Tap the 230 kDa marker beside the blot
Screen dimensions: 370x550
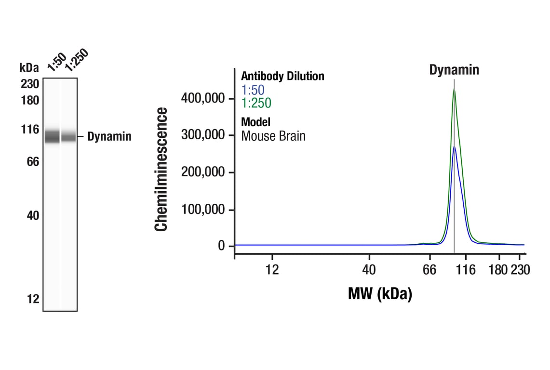tap(30, 84)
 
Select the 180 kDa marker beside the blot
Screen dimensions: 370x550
tap(30, 101)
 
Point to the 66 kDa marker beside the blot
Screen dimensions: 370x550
tap(33, 161)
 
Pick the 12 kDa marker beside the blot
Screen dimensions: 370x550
tap(33, 299)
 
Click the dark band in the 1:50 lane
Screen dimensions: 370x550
tap(52, 136)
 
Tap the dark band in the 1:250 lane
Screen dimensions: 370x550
tap(68, 137)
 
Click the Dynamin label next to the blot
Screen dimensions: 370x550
tap(109, 137)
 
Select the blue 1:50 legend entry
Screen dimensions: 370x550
tap(253, 90)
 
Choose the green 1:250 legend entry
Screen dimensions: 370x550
tap(256, 103)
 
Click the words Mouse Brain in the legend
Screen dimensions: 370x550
tap(273, 136)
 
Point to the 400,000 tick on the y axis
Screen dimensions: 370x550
tap(203, 98)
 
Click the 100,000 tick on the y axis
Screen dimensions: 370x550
tap(203, 210)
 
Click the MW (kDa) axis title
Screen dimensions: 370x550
tap(380, 293)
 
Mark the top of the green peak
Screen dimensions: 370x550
tap(454, 89)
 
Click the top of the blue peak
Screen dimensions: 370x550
tap(454, 146)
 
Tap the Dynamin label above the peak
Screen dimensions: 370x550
tap(454, 70)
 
